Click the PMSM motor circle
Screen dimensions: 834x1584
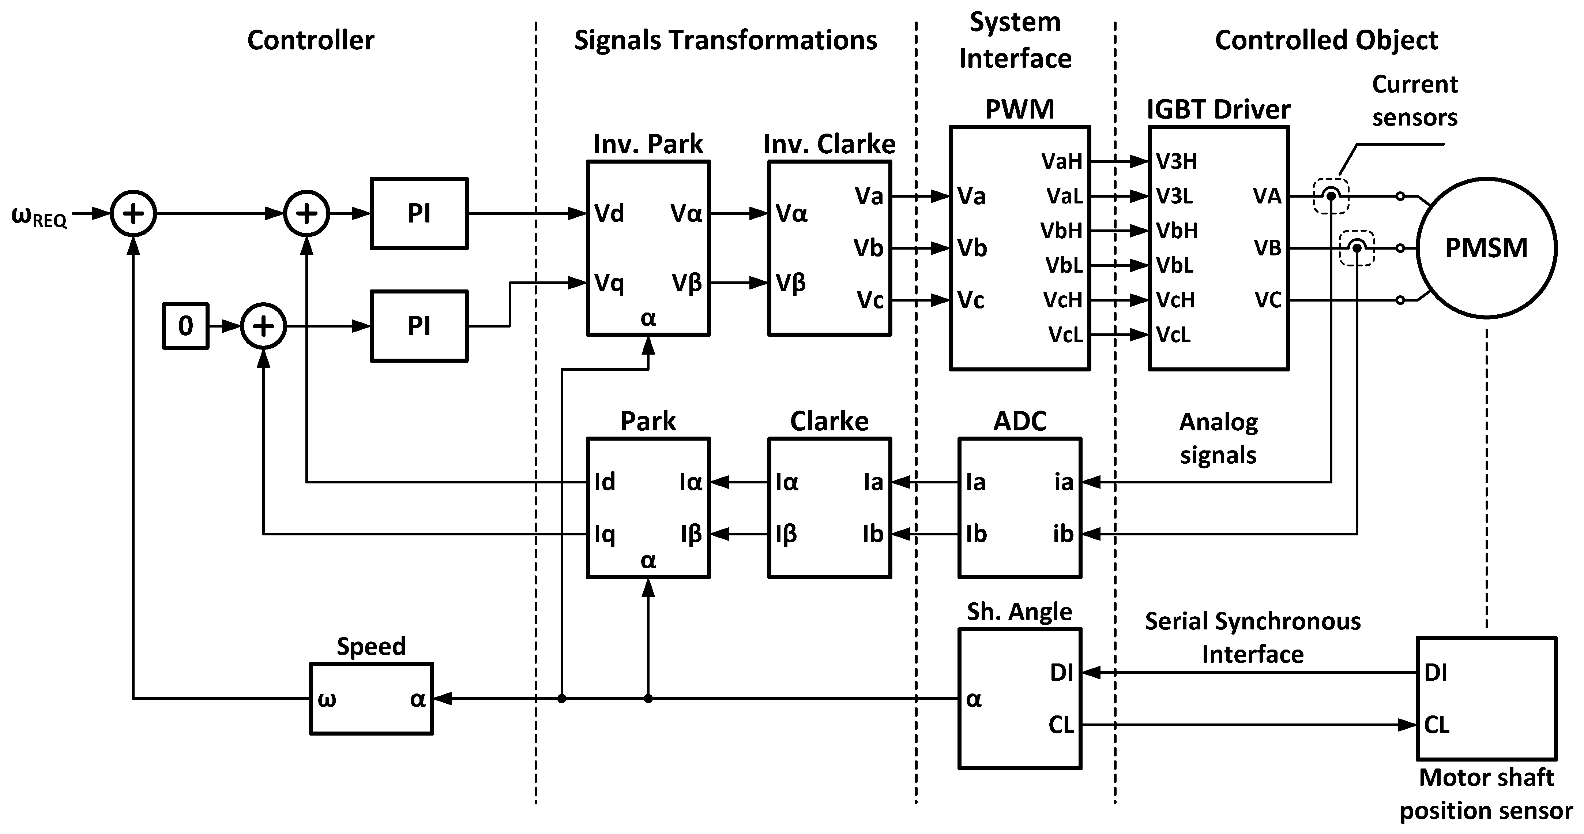(x=1486, y=248)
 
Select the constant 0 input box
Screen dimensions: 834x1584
(x=186, y=326)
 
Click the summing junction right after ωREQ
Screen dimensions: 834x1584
(x=133, y=213)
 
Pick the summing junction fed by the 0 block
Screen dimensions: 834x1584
(x=263, y=326)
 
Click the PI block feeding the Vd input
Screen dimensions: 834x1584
(x=419, y=213)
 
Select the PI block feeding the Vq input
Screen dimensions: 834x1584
(x=419, y=326)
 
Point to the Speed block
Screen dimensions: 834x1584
(x=371, y=699)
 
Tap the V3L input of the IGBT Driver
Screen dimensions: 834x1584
(x=1174, y=196)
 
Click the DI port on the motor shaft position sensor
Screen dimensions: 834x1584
(x=1436, y=673)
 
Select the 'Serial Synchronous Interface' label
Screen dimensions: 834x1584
(x=1253, y=638)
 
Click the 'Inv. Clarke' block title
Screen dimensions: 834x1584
(x=829, y=144)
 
